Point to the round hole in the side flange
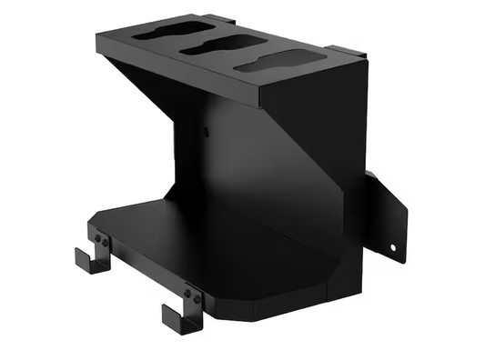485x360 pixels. [393, 245]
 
